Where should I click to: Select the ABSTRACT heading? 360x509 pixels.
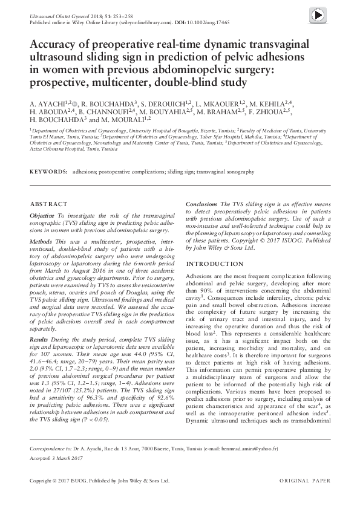tap(47, 204)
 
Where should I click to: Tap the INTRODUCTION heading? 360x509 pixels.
tap(214, 264)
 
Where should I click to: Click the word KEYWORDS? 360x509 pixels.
tap(48, 172)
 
